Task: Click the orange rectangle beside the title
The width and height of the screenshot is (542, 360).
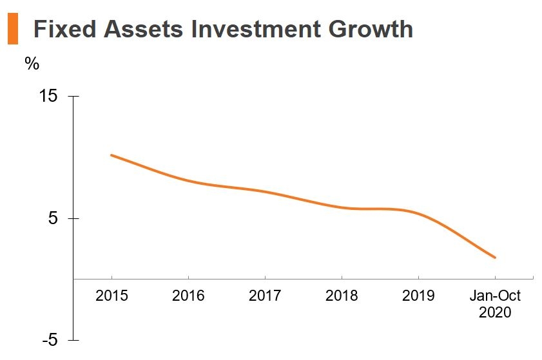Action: click(12, 30)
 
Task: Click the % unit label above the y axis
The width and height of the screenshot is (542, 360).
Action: click(32, 64)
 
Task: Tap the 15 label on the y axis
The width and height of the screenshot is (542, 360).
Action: click(49, 96)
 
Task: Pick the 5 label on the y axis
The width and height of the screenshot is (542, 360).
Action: click(54, 218)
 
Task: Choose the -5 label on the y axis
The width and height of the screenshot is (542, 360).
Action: click(50, 340)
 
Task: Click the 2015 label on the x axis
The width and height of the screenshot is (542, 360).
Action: click(111, 296)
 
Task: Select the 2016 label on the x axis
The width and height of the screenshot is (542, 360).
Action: click(188, 296)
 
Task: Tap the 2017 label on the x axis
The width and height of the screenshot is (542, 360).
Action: click(265, 296)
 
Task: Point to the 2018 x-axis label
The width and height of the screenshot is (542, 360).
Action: click(342, 296)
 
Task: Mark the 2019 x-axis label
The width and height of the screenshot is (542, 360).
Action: click(418, 296)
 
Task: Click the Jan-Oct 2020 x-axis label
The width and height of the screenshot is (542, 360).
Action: click(495, 304)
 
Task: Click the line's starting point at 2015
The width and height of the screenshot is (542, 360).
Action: click(111, 155)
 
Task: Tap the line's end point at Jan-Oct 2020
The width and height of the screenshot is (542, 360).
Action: click(495, 258)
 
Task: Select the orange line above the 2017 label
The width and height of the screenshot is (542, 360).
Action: click(265, 191)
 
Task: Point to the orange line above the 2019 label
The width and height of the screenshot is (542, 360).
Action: click(418, 213)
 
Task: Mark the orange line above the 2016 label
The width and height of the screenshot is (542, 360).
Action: click(188, 181)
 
